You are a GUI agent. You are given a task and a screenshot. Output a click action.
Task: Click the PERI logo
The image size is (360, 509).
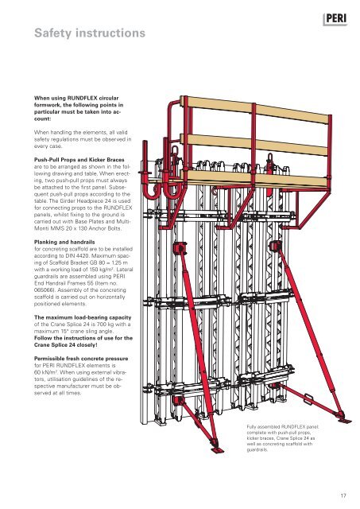[x=335, y=19]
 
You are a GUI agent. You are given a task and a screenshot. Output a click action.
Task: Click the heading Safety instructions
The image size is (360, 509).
[x=90, y=33]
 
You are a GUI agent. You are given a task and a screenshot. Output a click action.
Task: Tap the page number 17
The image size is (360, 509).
[x=343, y=495]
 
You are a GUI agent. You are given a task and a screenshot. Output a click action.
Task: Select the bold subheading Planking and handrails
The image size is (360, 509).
[x=64, y=242]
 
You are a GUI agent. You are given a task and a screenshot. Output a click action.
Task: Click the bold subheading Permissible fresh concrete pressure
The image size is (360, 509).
[x=81, y=359]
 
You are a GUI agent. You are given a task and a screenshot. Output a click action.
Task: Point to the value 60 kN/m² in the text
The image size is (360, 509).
[x=46, y=372]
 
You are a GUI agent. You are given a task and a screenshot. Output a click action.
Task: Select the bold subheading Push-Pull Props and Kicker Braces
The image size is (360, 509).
[x=79, y=160]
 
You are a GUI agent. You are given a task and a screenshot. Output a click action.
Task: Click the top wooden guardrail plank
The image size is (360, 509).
[x=257, y=110]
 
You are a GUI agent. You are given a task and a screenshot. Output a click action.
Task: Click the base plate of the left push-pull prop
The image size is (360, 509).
[x=218, y=449]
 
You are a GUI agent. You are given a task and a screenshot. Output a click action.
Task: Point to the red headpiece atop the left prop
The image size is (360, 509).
[x=180, y=248]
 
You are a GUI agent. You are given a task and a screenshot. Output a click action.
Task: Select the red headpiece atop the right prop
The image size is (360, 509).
[x=276, y=246]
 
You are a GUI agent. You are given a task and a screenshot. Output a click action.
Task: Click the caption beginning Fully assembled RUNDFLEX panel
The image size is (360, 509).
[x=282, y=438]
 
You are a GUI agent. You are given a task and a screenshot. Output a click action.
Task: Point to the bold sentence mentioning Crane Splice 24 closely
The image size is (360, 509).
[x=83, y=341]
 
